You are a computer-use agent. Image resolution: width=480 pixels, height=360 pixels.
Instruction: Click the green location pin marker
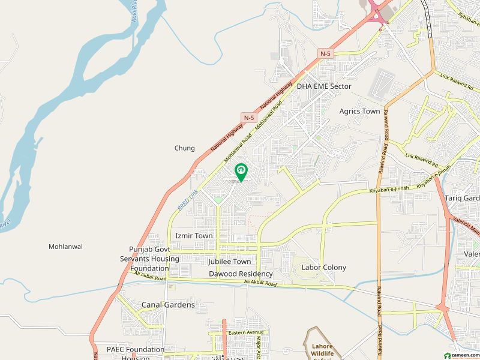(241, 172)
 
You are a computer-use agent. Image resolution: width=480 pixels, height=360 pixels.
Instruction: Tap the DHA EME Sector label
(324, 86)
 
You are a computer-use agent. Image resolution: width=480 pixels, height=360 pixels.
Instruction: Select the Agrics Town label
(359, 112)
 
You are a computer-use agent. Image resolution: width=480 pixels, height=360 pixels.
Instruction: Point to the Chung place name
(185, 148)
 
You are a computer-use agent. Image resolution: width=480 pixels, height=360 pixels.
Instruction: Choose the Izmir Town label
(194, 236)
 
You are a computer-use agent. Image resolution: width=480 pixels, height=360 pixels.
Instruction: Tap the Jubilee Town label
(230, 262)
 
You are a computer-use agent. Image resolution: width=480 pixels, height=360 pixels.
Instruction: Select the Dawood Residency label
(241, 274)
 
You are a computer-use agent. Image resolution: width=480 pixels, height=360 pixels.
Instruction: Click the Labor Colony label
(324, 268)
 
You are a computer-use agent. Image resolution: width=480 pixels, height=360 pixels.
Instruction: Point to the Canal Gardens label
(168, 305)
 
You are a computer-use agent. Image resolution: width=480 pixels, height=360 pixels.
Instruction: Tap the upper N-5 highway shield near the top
(325, 53)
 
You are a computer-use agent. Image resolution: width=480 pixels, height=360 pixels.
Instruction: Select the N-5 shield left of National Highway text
(249, 117)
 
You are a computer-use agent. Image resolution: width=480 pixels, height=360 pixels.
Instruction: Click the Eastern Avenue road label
(246, 332)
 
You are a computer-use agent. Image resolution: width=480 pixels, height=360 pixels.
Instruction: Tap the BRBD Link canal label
(188, 200)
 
